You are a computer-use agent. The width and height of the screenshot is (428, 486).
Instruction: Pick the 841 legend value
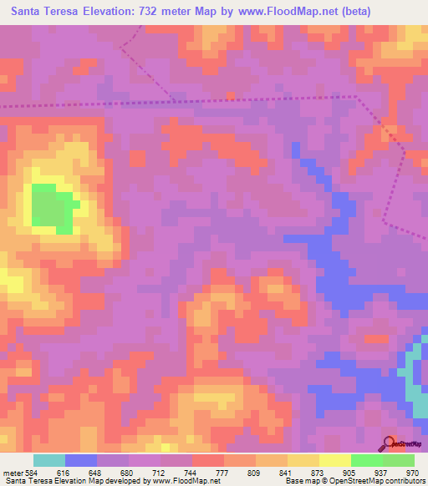[x=286, y=473]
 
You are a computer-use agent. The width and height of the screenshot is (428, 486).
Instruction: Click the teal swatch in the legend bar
[x=49, y=460]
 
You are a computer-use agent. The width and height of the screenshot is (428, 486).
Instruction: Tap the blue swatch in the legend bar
[x=81, y=460]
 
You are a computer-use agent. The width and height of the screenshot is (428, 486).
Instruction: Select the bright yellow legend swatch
[x=334, y=460]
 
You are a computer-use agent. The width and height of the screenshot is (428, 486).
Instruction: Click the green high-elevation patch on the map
[x=53, y=207]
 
